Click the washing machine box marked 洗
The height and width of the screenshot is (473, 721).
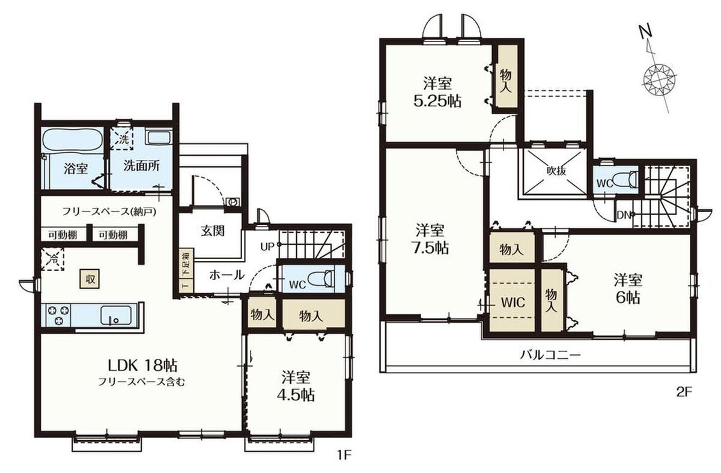click(x=121, y=139)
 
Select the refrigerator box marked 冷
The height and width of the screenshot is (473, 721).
click(x=52, y=259)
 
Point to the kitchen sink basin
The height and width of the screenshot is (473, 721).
click(x=116, y=315)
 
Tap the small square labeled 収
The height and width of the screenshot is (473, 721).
click(x=90, y=279)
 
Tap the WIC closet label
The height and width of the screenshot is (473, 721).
click(x=513, y=302)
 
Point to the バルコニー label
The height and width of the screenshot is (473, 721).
click(x=550, y=355)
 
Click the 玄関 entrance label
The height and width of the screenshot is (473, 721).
click(x=213, y=231)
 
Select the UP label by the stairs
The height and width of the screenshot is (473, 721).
click(x=267, y=247)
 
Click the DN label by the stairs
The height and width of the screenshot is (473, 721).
click(x=624, y=215)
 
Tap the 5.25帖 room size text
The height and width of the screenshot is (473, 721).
click(x=437, y=102)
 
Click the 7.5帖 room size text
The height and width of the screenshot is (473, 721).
click(x=430, y=248)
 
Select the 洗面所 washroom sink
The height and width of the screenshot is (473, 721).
click(x=159, y=138)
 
